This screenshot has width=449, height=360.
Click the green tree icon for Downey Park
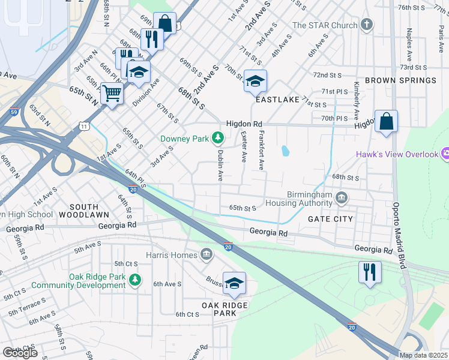pos(218,139)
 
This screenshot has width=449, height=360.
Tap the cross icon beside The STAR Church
pos(366,25)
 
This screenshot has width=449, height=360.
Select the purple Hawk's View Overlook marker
pos(445,154)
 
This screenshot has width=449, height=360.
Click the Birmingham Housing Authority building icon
pos(342,197)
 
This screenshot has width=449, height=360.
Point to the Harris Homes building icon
pos(206,255)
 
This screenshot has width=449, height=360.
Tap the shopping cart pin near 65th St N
pos(112,93)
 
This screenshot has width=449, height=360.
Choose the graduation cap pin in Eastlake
pos(255,81)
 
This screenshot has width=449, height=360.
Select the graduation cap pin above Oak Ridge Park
pos(234,283)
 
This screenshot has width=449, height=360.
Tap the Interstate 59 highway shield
pos(14,111)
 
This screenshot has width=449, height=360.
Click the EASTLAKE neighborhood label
pos(277,100)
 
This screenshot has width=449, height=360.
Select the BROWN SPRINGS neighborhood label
pos(400,80)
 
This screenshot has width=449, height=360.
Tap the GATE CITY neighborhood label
pos(330,220)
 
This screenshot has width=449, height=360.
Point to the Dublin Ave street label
pos(220,166)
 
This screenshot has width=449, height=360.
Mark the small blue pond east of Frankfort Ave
pos(285,150)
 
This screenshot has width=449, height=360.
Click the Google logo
pos(20,352)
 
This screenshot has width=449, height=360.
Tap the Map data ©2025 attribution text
pos(423,355)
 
